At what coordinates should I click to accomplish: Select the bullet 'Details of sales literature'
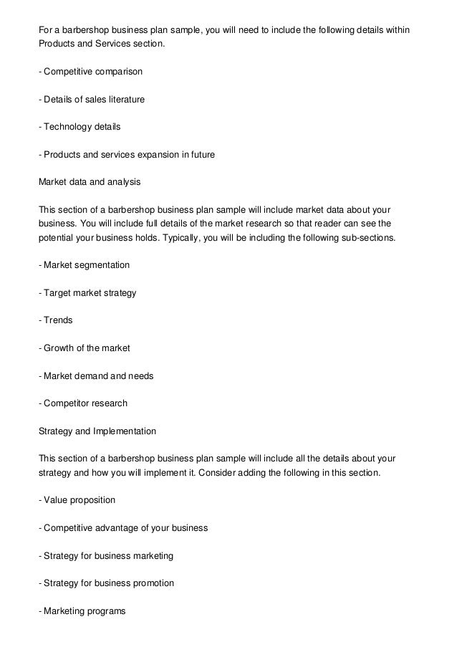pyautogui.click(x=91, y=100)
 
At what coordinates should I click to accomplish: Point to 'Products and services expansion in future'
pyautogui.click(x=126, y=155)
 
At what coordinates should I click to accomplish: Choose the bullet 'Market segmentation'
pyautogui.click(x=84, y=265)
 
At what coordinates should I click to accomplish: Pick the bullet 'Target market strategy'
pyautogui.click(x=87, y=292)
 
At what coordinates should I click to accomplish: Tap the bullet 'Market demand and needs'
pyautogui.click(x=95, y=375)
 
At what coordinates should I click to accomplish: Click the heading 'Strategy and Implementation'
pyautogui.click(x=96, y=431)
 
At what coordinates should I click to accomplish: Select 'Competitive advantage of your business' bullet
pyautogui.click(x=122, y=527)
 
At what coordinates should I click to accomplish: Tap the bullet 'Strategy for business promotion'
pyautogui.click(x=106, y=583)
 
